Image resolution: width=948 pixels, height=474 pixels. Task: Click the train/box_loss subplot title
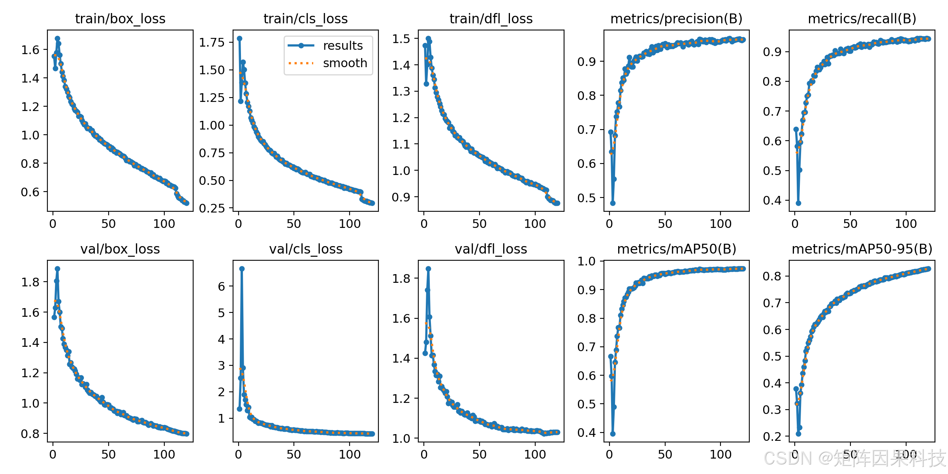tap(120, 19)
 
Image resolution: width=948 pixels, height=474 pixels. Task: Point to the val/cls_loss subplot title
tap(306, 249)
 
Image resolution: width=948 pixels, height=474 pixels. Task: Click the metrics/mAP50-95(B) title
tap(862, 249)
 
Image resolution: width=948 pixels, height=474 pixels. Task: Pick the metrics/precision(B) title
tap(676, 19)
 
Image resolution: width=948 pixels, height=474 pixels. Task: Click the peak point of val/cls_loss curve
tap(242, 269)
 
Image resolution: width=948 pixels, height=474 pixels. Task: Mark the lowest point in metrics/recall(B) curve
tap(798, 203)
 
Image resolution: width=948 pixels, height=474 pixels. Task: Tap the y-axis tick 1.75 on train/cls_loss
tap(211, 42)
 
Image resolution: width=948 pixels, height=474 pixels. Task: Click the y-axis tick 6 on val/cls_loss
tap(222, 286)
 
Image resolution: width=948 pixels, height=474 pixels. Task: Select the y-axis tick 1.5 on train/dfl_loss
tap(401, 39)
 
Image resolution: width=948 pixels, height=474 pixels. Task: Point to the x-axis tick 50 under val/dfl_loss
tap(479, 454)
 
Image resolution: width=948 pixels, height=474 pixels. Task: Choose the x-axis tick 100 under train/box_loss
tap(164, 224)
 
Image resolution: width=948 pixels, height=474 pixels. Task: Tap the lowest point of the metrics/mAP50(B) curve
tap(613, 434)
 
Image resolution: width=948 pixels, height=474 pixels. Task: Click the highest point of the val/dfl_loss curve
tap(428, 269)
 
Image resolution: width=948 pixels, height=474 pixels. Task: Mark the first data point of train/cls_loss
tap(239, 38)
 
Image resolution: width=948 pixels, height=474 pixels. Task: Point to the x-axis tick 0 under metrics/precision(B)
tap(609, 224)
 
